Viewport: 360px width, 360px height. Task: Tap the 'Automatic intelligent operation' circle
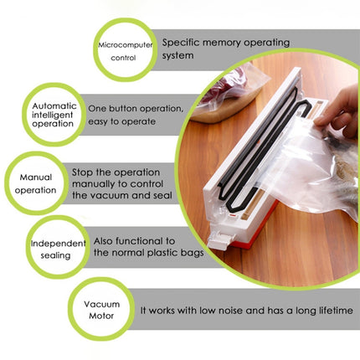coord(55,112)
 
